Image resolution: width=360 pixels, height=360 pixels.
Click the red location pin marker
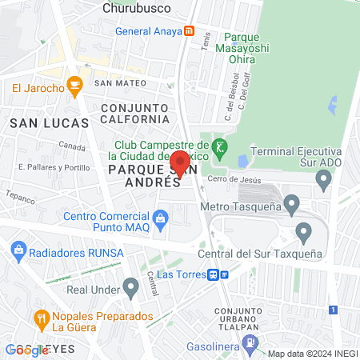click(181, 162)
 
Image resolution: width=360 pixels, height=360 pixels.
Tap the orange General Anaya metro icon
click(190, 31)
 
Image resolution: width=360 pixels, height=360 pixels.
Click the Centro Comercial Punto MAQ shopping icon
click(161, 217)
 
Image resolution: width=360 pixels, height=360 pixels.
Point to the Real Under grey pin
click(131, 286)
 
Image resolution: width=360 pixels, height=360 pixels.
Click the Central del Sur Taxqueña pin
click(303, 233)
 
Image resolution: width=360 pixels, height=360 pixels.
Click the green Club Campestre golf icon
click(219, 147)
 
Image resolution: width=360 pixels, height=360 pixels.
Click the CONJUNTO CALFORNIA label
click(135, 113)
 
